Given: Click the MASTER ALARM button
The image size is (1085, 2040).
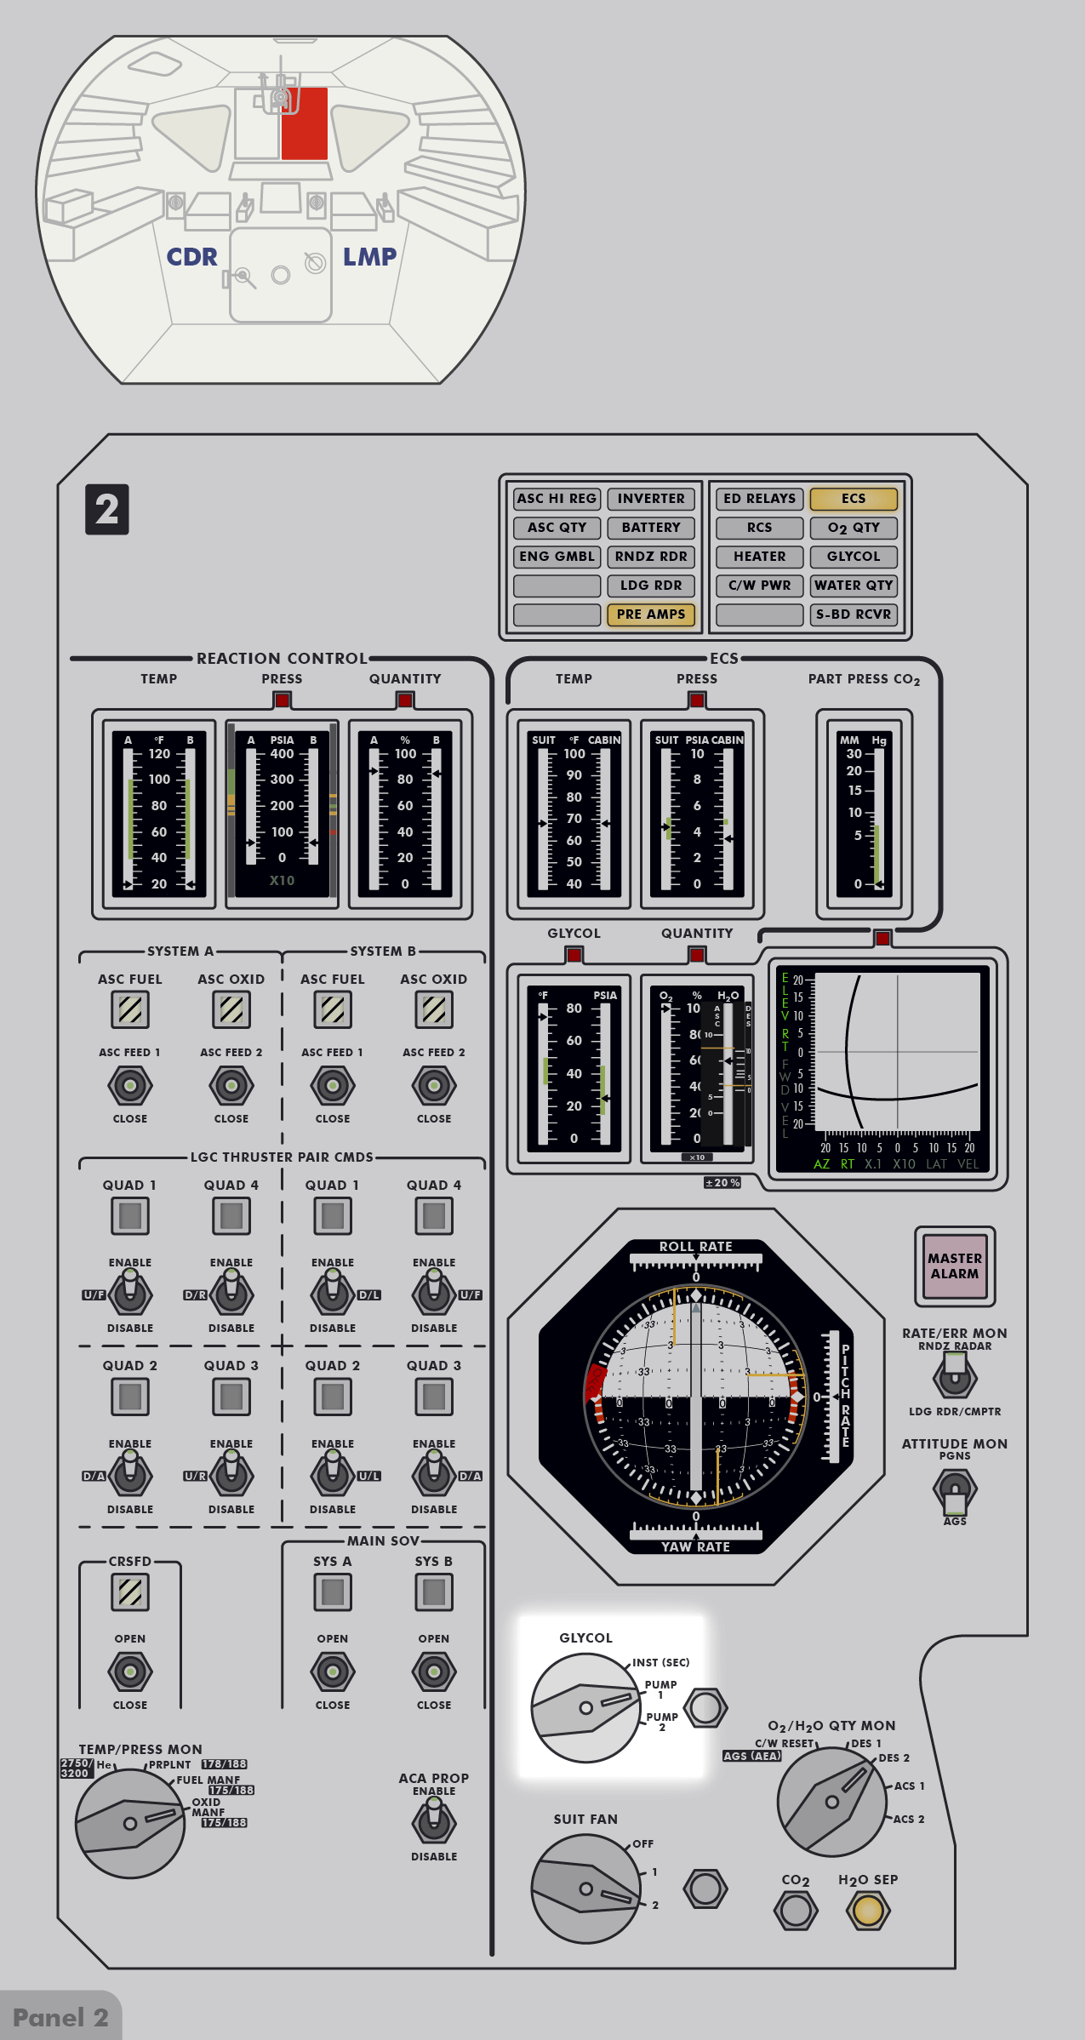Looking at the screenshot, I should click(955, 1266).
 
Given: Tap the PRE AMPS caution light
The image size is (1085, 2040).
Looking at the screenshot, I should click(651, 614).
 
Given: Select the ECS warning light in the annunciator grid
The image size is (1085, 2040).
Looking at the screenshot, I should click(854, 499).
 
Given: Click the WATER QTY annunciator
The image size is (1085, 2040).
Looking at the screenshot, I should click(854, 586).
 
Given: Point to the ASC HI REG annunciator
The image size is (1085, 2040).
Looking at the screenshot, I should click(557, 499).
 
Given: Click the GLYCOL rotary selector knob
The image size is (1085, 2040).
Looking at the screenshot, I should click(585, 1707).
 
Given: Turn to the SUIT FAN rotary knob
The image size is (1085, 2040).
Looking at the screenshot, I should click(585, 1889).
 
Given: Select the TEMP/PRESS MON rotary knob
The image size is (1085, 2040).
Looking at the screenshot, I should click(130, 1823).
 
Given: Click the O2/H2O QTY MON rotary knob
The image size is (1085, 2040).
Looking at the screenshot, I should click(831, 1802).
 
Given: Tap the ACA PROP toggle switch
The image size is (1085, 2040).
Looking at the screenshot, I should click(434, 1822).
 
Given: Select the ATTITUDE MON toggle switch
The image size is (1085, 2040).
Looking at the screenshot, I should click(955, 1490).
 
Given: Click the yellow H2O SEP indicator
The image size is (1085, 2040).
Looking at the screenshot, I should click(868, 1910).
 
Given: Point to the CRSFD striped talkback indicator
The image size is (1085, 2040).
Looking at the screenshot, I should click(130, 1591).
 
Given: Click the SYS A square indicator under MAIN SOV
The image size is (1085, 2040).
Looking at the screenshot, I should click(333, 1591).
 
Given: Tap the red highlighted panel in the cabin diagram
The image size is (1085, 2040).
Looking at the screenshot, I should click(305, 123).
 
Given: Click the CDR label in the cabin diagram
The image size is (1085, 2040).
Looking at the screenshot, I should click(191, 257).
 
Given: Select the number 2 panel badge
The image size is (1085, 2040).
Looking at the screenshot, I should click(107, 510).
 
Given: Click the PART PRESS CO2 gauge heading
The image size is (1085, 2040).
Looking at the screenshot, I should click(864, 679).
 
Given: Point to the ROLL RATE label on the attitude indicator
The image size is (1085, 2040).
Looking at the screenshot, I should click(695, 1246).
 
